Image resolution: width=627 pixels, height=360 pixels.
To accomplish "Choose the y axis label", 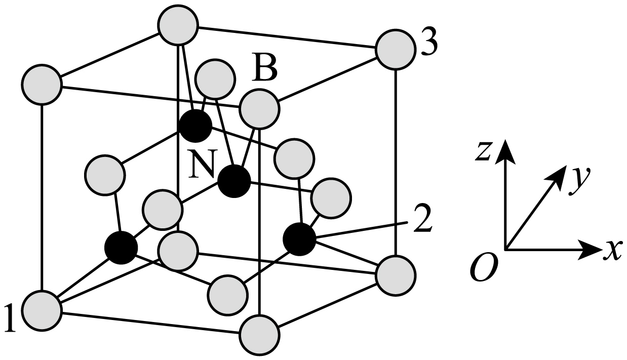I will point(577,183).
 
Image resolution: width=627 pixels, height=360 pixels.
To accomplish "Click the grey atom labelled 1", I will point(43,308).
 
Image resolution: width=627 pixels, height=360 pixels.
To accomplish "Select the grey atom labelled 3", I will point(395,48).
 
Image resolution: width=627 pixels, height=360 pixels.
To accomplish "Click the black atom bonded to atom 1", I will point(121,248).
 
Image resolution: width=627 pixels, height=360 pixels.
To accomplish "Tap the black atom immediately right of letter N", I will point(234,181).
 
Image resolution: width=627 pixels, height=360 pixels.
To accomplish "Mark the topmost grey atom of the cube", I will point(177,26).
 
